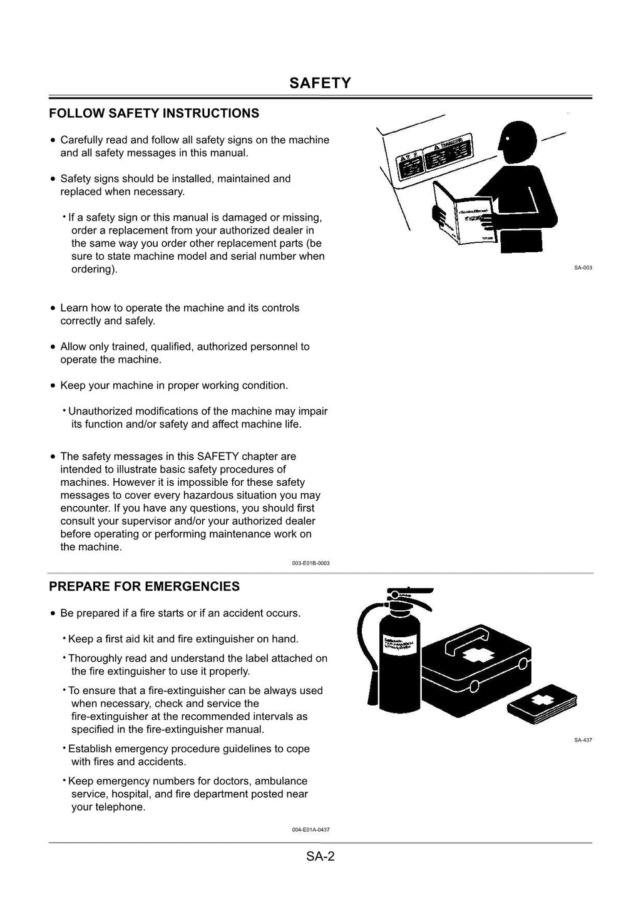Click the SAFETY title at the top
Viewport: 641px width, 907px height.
[320, 83]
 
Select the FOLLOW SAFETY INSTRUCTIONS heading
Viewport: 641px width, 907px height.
[154, 113]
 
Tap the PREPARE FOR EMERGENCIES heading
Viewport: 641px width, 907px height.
[144, 587]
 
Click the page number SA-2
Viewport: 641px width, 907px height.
[320, 856]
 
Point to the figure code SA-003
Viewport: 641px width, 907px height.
[582, 268]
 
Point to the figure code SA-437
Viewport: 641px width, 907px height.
[582, 740]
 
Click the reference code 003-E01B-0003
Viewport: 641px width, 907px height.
[310, 563]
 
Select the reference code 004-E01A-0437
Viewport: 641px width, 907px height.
[310, 829]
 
